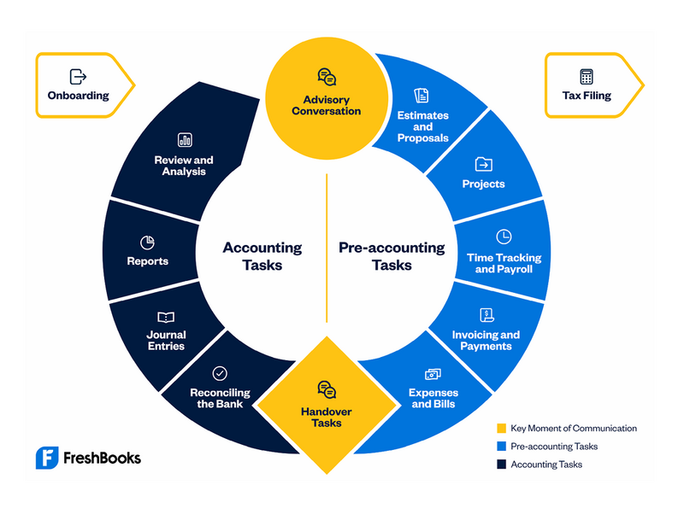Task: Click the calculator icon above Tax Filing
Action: (587, 77)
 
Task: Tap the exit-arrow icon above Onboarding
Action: (78, 77)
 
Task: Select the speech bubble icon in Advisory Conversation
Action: (327, 77)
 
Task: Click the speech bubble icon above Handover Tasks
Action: (327, 389)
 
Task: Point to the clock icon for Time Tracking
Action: (504, 237)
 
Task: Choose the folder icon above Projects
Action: (483, 164)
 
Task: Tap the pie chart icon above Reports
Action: (147, 243)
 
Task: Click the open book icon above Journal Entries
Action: (166, 317)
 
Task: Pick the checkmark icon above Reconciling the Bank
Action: (220, 373)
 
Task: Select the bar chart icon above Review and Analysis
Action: (185, 140)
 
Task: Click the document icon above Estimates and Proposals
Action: (422, 96)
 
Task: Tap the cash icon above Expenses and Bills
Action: (433, 374)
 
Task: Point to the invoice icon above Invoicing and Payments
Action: (486, 314)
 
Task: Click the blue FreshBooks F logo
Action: (47, 458)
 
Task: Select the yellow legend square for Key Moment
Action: (502, 428)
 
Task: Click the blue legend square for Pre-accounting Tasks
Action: (502, 447)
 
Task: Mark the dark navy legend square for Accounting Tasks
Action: (502, 465)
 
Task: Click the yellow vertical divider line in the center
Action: (327, 248)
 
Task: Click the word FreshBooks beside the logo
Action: (102, 458)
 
